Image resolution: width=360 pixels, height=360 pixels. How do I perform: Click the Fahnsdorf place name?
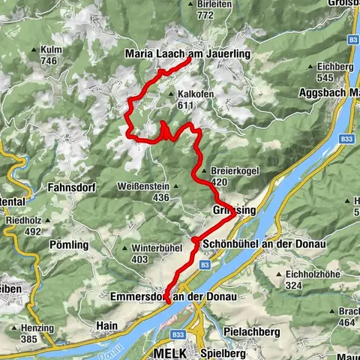point(73,186)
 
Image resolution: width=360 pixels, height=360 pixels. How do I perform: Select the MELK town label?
point(166,351)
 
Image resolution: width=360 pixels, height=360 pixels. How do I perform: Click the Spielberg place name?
point(226,351)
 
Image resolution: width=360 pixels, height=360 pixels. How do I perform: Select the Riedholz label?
point(22,221)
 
